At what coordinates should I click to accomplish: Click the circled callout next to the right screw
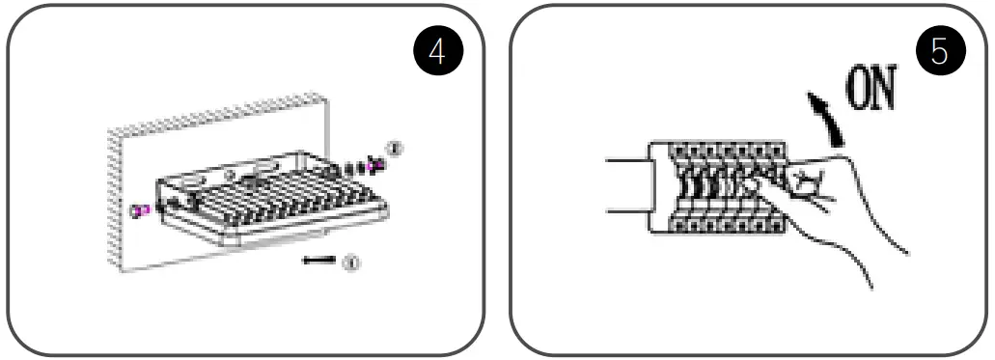[393, 148]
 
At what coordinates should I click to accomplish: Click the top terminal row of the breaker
[719, 152]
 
